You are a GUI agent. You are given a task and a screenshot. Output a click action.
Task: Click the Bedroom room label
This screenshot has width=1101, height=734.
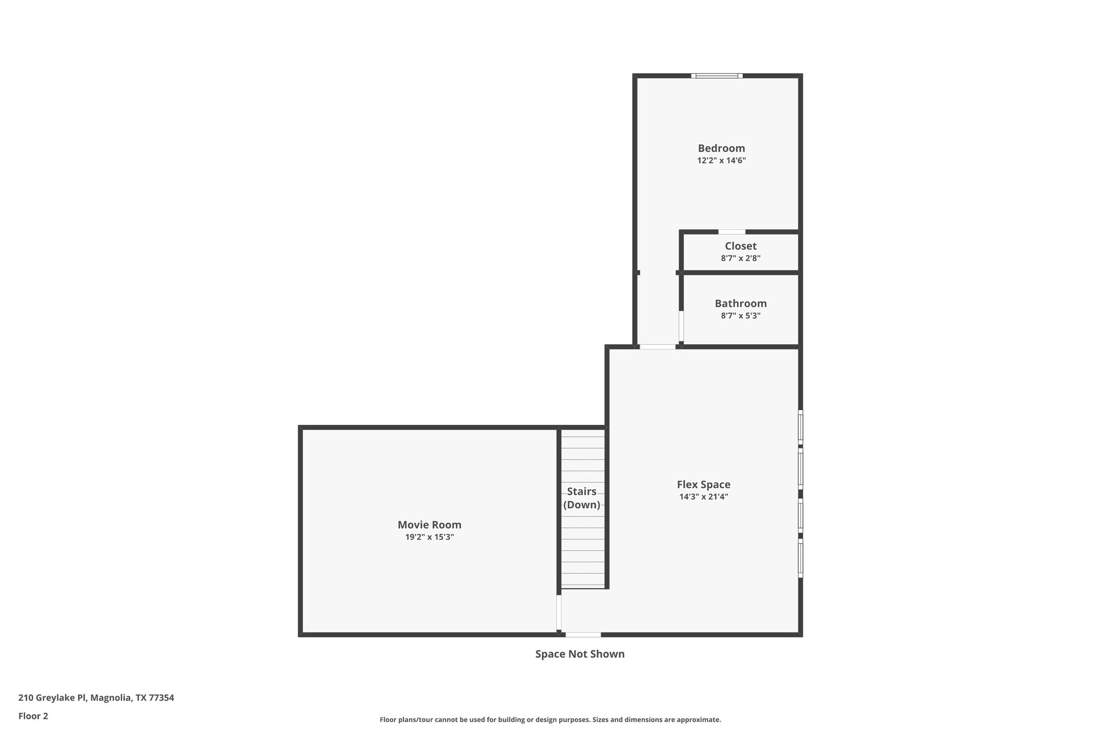coord(721,148)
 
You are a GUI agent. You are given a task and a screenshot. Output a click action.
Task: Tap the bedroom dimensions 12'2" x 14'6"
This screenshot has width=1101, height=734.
coord(721,161)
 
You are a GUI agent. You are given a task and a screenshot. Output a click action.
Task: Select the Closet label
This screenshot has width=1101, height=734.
coord(740,246)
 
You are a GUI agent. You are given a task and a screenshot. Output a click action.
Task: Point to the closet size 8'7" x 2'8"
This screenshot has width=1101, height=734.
coord(740,259)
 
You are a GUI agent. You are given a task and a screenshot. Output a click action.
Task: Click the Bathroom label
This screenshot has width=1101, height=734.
coord(740,304)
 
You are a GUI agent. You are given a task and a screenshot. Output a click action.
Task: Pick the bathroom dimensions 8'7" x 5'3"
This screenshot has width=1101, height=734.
coord(740,316)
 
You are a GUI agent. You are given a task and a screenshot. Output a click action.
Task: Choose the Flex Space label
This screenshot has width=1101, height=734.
coord(703,485)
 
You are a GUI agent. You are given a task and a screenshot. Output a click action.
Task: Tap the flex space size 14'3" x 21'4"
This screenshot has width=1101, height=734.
coord(703,497)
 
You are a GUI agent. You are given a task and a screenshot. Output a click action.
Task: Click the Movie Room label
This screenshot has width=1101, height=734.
coord(429,525)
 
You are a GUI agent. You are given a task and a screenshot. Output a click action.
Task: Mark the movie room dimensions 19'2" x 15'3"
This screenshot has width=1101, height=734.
coord(429,537)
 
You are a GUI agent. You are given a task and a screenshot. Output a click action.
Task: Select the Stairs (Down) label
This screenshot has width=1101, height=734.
coord(582,498)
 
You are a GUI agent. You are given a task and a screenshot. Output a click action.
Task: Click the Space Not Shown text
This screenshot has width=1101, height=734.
coord(580,654)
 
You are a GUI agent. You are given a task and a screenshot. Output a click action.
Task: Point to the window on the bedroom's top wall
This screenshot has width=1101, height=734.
coord(717,76)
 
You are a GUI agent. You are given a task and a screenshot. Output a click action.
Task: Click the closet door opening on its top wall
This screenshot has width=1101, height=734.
coord(732,232)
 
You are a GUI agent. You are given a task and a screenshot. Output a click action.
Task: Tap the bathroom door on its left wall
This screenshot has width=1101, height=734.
coord(681,326)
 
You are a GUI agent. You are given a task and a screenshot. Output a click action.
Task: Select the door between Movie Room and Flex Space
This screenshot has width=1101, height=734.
coord(559,612)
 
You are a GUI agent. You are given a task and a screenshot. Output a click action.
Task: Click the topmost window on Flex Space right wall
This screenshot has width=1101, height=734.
coord(800,427)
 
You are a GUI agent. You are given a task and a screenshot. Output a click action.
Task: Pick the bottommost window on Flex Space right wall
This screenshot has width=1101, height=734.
coord(800,560)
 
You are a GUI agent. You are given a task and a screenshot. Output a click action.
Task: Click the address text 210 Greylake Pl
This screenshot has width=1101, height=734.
coord(52,698)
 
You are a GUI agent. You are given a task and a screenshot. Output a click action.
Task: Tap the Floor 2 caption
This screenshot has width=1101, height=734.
coord(33,716)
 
